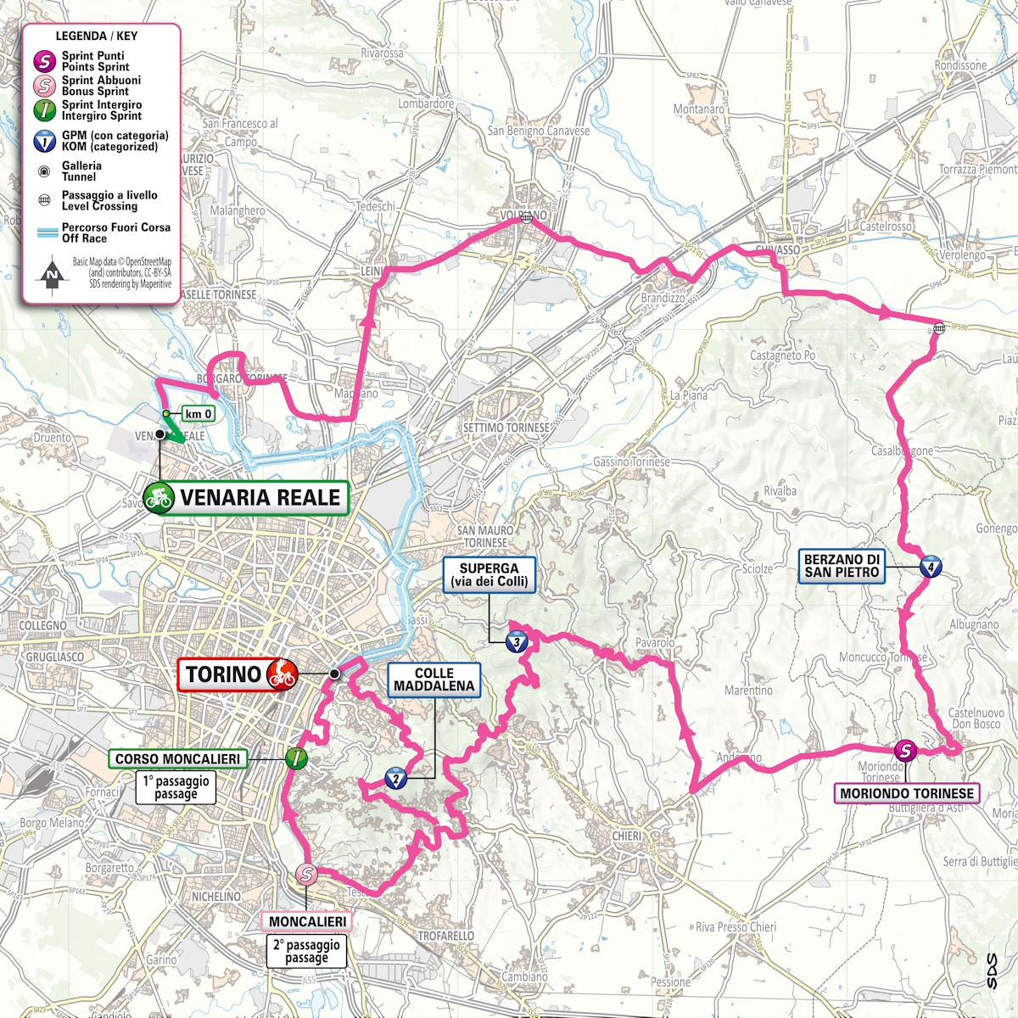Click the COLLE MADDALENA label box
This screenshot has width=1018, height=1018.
pos(434,680)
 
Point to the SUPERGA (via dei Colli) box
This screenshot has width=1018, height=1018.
pos(489,575)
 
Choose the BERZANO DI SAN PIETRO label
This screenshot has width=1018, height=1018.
pos(842,566)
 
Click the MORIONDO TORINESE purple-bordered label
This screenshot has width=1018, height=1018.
pos(907,794)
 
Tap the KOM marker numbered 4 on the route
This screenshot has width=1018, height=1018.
pos(931,568)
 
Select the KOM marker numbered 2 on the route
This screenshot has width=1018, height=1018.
pos(395,779)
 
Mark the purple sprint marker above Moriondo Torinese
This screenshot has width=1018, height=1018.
pos(906,750)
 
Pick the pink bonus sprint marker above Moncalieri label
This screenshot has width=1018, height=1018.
pos(306,875)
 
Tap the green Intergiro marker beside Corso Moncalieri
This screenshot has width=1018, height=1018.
pos(295,758)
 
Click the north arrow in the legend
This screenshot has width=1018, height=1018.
pos(53,274)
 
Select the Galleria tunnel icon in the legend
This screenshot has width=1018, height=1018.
pos(44,171)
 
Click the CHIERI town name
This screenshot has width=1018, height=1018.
pos(627,836)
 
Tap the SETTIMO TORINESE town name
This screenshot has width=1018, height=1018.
pos(506,428)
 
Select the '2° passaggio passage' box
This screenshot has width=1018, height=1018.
pos(306,951)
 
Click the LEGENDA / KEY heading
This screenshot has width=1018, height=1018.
pos(96,36)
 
